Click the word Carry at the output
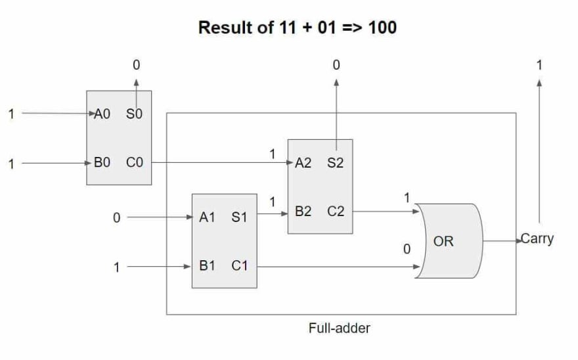[537, 238]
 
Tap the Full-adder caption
[339, 328]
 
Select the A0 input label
[102, 114]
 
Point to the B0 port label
[102, 163]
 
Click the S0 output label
[134, 114]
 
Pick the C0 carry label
[135, 163]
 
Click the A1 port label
[207, 217]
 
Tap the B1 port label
[207, 267]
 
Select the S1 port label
[239, 217]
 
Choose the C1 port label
[239, 267]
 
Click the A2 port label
[303, 163]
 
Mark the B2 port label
[303, 212]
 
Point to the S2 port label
[335, 163]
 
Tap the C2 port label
[335, 212]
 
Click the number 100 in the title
[382, 28]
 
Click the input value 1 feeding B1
[117, 267]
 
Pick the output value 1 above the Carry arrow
[539, 65]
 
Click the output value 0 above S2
[336, 65]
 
